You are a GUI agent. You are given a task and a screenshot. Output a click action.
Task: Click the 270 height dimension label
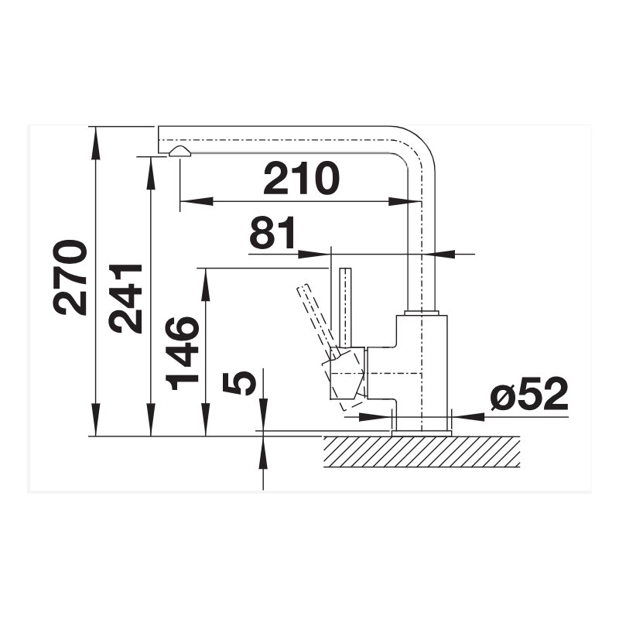[x=70, y=278]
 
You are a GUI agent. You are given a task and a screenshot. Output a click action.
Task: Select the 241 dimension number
[x=125, y=299]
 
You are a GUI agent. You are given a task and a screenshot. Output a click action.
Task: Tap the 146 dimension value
[x=182, y=353]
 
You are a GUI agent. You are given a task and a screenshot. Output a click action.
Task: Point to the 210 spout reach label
[x=301, y=178]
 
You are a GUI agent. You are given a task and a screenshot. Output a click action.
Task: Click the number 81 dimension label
[x=272, y=232]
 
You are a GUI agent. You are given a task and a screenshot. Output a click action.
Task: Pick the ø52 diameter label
[x=529, y=394]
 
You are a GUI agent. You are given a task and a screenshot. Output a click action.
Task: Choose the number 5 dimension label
[x=239, y=383]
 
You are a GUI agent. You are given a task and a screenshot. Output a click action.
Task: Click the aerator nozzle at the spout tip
[x=180, y=151]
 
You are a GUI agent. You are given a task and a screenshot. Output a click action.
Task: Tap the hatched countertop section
[x=421, y=452]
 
